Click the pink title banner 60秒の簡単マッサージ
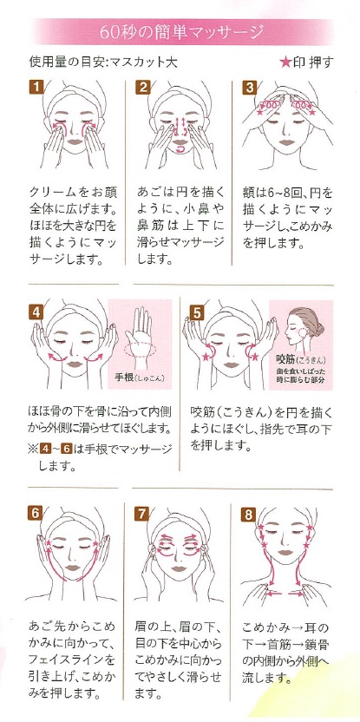180,33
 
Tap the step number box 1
36,87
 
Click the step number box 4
36,311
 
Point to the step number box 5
196,311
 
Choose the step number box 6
36,512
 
